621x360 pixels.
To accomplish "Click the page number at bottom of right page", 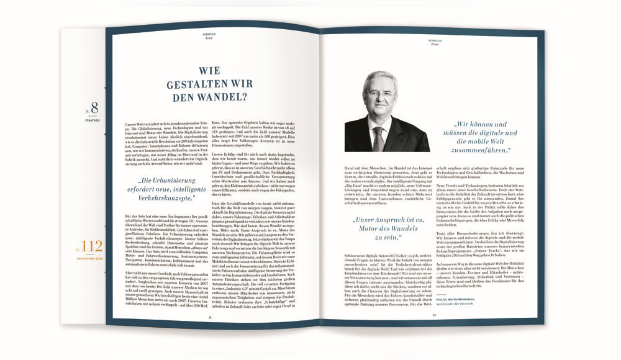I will tap(434, 314).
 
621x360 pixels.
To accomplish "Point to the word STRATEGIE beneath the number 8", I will tap(94, 115).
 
